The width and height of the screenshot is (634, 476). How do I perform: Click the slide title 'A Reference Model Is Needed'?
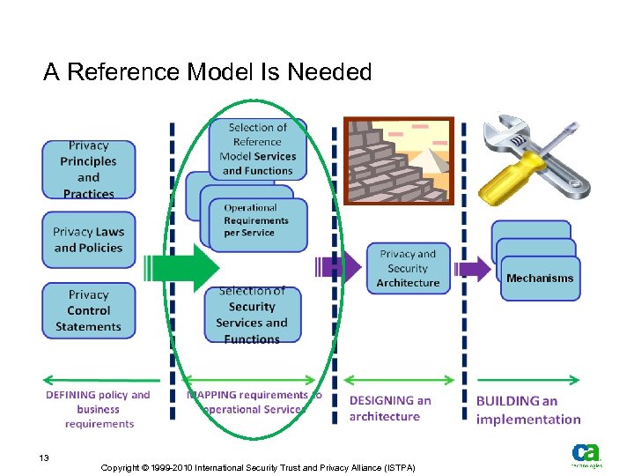pos(208,72)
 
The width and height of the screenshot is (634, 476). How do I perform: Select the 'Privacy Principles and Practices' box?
pos(89,169)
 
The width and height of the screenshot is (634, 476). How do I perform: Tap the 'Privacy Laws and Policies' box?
pos(89,240)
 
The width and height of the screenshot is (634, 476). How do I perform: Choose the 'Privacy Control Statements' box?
pos(89,310)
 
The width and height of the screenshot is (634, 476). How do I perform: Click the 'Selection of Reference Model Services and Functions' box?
pos(257,149)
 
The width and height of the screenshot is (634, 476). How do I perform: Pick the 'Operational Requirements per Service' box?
pos(255,221)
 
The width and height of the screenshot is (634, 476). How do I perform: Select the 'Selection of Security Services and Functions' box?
pos(252,316)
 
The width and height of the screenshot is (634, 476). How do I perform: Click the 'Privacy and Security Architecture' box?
pos(408,268)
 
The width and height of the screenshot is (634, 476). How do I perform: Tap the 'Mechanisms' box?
pos(540,279)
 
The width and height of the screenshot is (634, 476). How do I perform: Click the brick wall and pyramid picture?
pos(398,160)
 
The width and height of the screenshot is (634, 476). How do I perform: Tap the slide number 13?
pos(43,458)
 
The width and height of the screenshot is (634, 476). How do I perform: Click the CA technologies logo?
pos(585,455)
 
